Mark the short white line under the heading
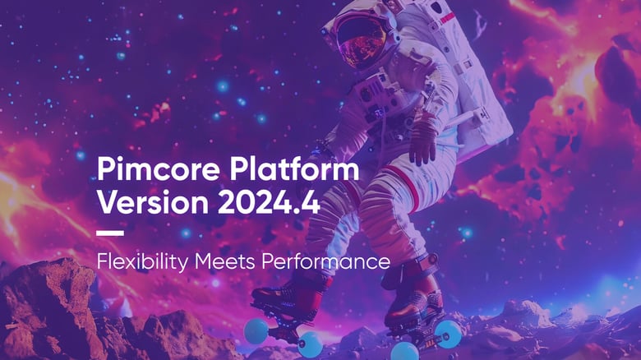pos(110,233)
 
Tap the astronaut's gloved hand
pos(424,140)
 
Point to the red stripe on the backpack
pos(447,18)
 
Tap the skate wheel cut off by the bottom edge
pos(404,352)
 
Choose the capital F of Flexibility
pos(102,263)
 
